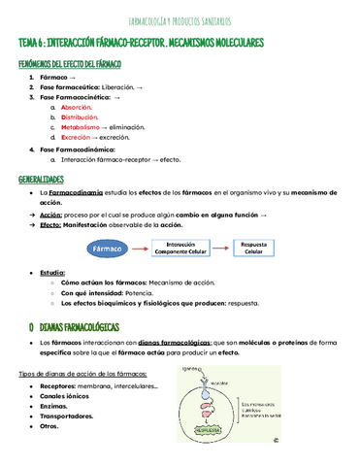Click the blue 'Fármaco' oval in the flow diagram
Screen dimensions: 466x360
106,249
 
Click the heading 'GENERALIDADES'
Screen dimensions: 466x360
41,181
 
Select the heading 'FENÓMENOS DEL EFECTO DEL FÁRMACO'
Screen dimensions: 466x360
70,62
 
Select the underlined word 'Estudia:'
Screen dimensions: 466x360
54,274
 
